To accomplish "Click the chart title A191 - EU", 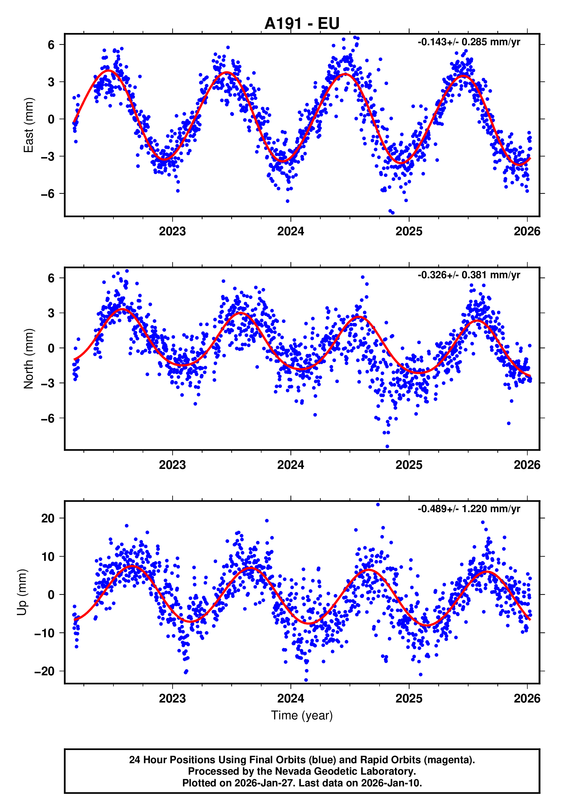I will (302, 23).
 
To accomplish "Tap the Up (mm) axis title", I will (22, 592).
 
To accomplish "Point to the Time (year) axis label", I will (302, 715).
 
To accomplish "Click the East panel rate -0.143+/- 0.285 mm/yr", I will (469, 42).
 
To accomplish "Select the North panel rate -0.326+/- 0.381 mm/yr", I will (469, 275).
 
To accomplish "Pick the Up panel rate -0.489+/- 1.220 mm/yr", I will (469, 509).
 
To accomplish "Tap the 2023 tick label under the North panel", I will (172, 465).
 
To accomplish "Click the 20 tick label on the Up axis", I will (48, 518).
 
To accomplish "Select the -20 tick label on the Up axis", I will (45, 671).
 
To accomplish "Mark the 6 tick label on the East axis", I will (51, 45).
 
